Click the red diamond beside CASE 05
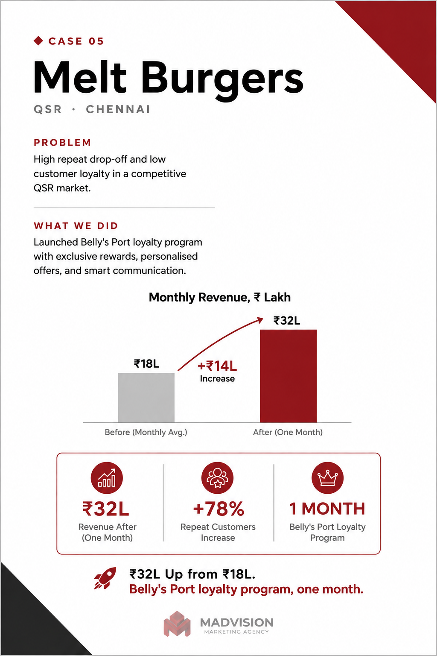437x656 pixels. click(x=38, y=41)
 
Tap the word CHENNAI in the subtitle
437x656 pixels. click(x=118, y=109)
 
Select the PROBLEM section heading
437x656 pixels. click(x=62, y=143)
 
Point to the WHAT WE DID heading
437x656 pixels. click(x=76, y=226)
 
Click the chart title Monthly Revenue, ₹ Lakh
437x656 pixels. click(x=219, y=297)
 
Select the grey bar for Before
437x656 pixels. click(x=146, y=398)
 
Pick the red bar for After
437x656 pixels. click(x=288, y=376)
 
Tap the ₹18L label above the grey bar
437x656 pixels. click(x=146, y=364)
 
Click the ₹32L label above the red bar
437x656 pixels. click(x=287, y=321)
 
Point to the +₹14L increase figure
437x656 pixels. click(x=217, y=366)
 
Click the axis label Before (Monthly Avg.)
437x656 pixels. click(x=146, y=432)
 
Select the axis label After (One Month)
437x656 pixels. click(x=288, y=432)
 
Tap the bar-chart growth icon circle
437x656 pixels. click(x=107, y=478)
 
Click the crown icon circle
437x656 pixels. click(x=327, y=478)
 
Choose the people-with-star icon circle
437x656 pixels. click(x=217, y=478)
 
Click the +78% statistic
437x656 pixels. click(x=218, y=509)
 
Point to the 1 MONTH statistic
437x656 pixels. click(x=327, y=509)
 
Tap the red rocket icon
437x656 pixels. click(x=105, y=578)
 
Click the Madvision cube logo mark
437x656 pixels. click(x=177, y=624)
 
